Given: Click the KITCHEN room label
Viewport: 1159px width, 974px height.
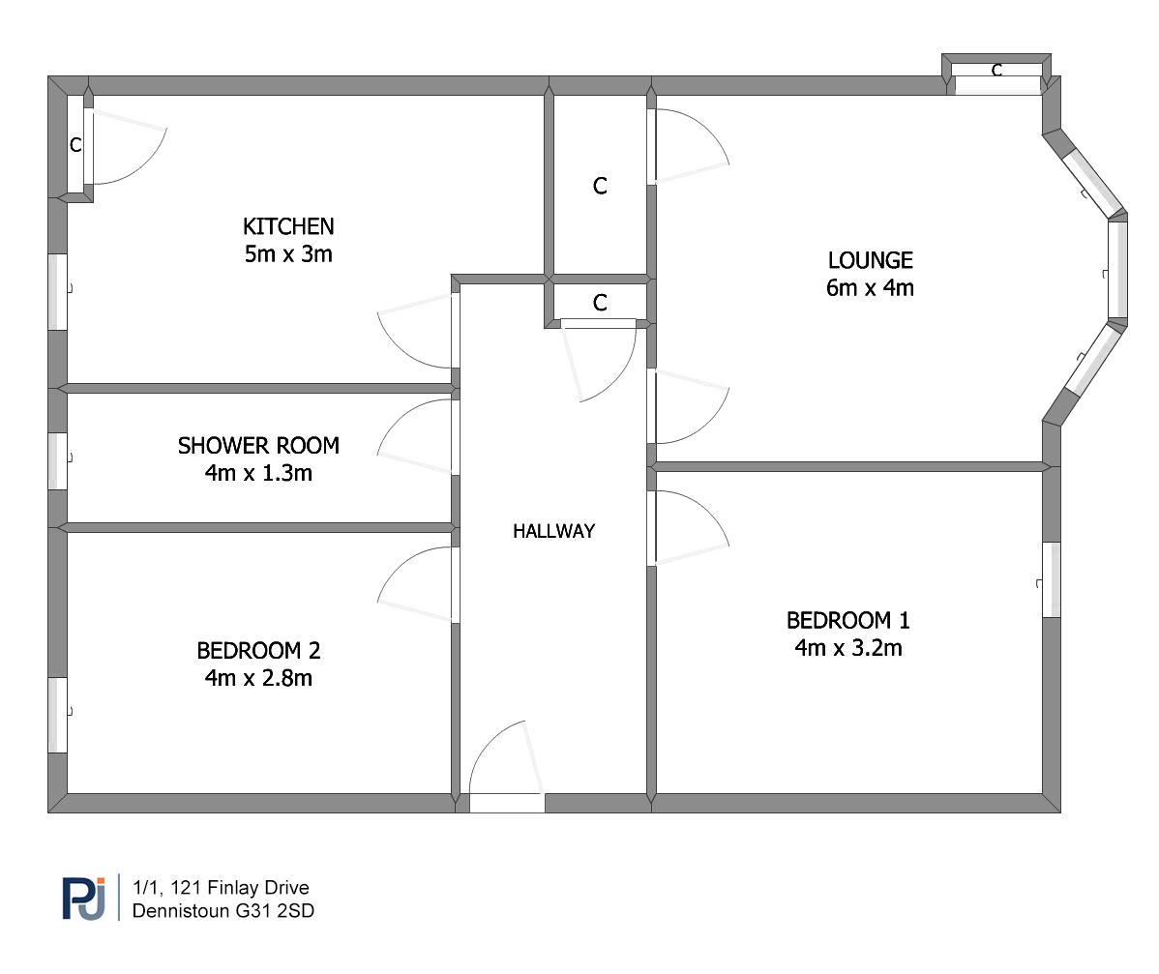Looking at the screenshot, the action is (288, 226).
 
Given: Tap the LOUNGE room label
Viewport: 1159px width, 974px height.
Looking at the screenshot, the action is (870, 260).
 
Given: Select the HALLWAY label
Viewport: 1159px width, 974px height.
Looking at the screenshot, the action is (553, 531).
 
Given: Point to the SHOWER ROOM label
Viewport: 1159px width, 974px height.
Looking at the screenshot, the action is (258, 446).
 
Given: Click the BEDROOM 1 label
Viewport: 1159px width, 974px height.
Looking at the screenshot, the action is (847, 620).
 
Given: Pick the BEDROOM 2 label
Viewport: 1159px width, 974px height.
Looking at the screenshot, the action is (258, 650).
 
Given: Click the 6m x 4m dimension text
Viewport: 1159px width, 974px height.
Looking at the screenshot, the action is (870, 287).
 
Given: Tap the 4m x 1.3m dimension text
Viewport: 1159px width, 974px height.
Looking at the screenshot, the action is (258, 473).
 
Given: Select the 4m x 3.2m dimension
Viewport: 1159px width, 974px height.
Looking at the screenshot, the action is (847, 648).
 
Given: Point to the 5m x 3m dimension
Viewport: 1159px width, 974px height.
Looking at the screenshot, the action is (288, 254).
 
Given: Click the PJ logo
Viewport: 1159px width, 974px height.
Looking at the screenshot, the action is (83, 898).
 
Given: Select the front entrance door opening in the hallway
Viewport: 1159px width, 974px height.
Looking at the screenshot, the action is (507, 804).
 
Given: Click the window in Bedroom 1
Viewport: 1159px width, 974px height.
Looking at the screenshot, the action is (1051, 580).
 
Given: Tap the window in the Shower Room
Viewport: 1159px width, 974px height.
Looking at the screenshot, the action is (58, 461).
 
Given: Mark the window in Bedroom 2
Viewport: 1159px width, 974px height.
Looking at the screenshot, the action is (58, 716).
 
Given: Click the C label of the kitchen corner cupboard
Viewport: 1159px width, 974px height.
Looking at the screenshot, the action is (75, 145).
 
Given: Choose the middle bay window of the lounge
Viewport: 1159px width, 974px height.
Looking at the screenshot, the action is (1117, 270).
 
